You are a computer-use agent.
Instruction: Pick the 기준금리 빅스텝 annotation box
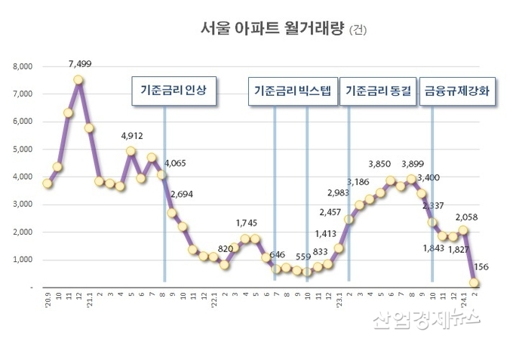click(x=291, y=92)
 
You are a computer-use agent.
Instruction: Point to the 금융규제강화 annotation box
click(x=463, y=92)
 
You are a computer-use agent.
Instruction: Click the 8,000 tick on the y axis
click(x=23, y=66)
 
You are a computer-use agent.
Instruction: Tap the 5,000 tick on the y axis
click(x=23, y=149)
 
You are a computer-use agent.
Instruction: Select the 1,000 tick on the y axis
click(x=23, y=260)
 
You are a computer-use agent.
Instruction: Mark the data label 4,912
click(x=133, y=136)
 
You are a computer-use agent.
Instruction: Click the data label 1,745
click(x=247, y=223)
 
